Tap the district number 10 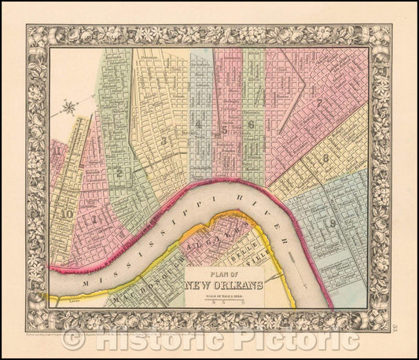click(x=68, y=213)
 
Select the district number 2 click(x=119, y=173)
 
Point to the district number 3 click(x=164, y=140)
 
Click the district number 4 click(x=200, y=124)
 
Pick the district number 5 click(x=224, y=130)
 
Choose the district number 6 click(x=251, y=124)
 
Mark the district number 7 click(x=319, y=102)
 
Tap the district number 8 click(x=325, y=158)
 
